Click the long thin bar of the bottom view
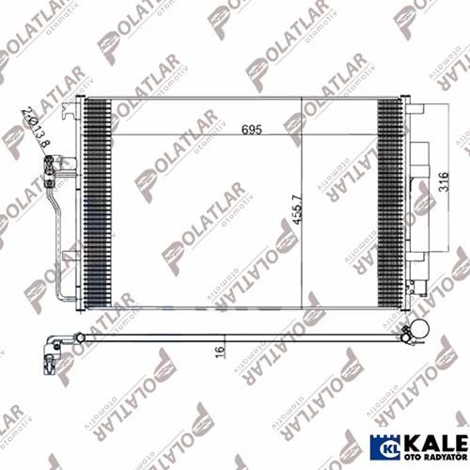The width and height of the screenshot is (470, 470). [235, 337]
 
